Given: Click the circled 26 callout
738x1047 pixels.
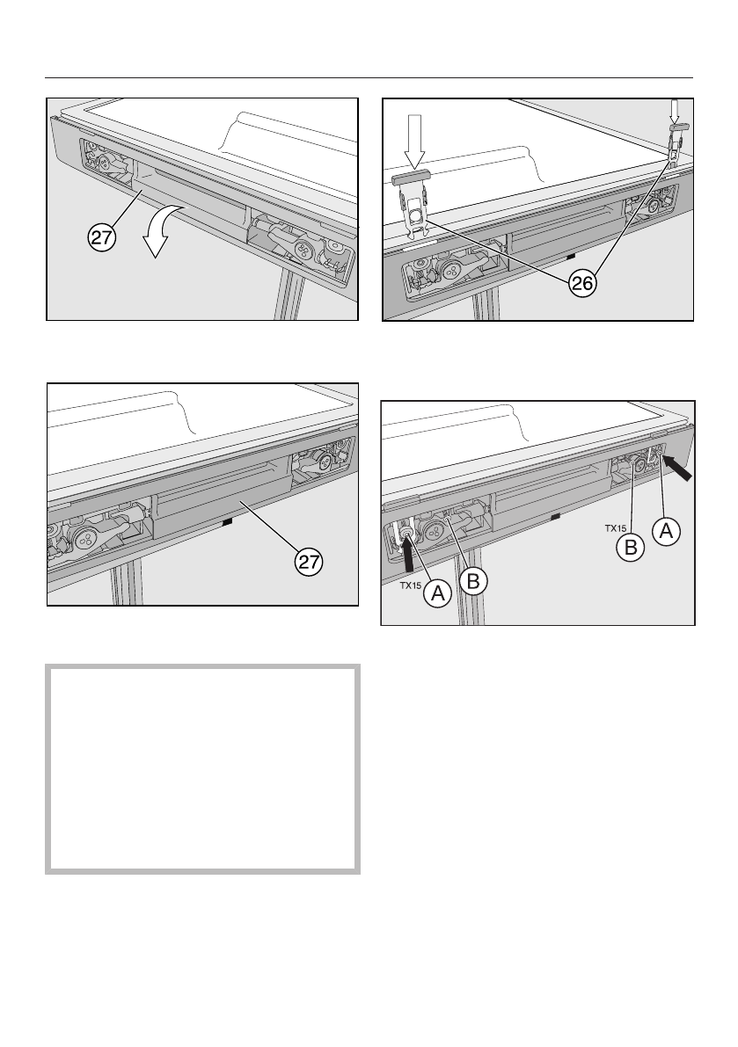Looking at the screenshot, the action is click(x=582, y=284).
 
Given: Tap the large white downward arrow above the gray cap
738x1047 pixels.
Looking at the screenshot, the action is click(x=415, y=141).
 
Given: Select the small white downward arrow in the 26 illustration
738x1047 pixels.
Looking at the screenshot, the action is click(x=674, y=110).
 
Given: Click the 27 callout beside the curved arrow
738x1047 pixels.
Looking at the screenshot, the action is click(x=101, y=237).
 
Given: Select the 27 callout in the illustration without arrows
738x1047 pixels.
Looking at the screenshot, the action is click(x=310, y=562).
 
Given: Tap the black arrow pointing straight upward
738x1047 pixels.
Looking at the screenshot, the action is click(x=406, y=553).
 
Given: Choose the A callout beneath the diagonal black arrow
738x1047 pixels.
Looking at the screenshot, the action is click(x=666, y=532).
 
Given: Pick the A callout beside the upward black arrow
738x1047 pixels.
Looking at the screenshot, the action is click(x=438, y=593).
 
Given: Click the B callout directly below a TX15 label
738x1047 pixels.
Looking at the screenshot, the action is click(x=631, y=548).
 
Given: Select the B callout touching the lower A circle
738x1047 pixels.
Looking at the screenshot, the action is click(x=473, y=580).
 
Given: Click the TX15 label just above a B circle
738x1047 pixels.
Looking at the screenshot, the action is click(x=616, y=528).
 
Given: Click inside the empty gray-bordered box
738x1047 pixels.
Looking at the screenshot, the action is click(x=202, y=768).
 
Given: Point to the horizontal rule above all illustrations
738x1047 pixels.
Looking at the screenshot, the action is click(x=369, y=78).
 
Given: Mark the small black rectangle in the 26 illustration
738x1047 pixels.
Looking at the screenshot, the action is click(x=570, y=256).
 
